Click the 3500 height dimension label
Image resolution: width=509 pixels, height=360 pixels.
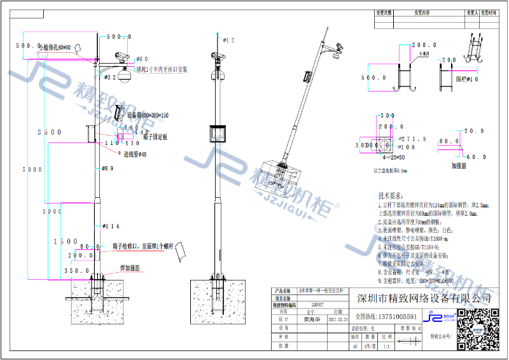click(49, 132)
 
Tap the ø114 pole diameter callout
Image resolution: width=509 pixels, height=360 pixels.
click(111, 226)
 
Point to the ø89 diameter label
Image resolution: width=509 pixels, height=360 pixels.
click(108, 169)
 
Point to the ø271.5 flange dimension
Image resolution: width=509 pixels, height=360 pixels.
click(413, 139)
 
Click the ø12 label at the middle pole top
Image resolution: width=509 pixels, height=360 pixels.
click(228, 40)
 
